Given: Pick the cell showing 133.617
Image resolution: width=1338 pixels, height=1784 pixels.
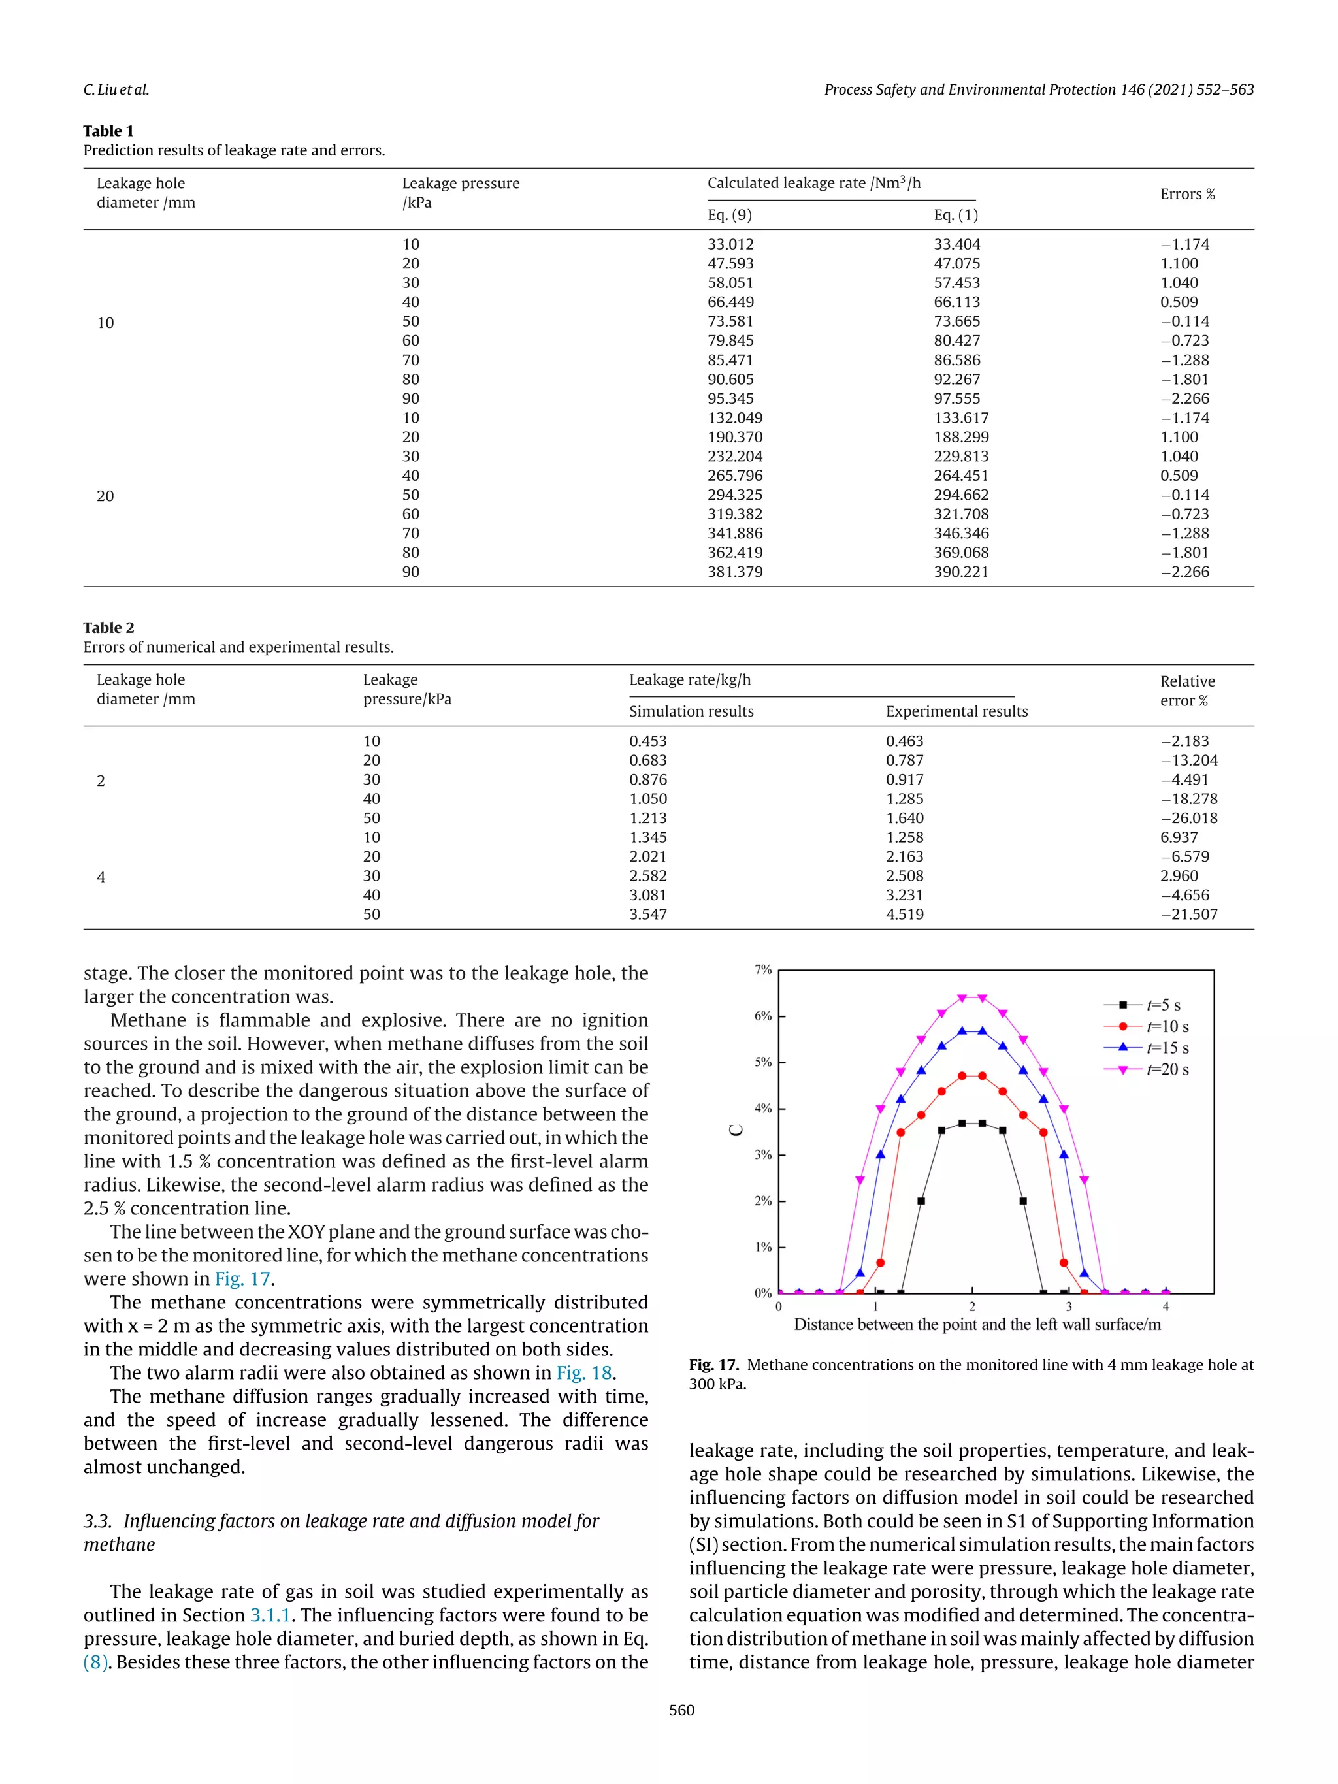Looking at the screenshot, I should [x=960, y=418].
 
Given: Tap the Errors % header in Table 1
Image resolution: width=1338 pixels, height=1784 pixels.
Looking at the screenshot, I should [x=1186, y=195].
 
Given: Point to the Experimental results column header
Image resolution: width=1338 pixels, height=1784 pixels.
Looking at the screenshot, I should [x=956, y=711].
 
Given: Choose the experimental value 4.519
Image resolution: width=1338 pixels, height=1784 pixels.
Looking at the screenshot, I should [x=904, y=914].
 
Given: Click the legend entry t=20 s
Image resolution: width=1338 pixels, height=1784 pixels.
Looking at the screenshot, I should [x=1166, y=1069].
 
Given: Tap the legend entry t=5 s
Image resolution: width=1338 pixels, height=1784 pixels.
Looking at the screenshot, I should [x=1163, y=1005].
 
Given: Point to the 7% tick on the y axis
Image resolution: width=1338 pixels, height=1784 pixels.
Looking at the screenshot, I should [x=762, y=969].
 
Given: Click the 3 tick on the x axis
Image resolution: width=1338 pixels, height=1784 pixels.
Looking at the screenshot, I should [x=1069, y=1306].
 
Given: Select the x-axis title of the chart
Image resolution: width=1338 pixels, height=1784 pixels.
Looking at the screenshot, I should [x=977, y=1324].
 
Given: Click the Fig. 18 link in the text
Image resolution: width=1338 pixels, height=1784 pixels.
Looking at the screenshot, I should [x=585, y=1372].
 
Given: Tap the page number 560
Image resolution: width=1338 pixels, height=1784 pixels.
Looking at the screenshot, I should [x=681, y=1710].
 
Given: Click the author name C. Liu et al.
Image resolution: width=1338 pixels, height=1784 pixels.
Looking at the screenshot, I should [x=116, y=89].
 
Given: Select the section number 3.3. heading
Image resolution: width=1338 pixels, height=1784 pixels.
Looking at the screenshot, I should [x=97, y=1521].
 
